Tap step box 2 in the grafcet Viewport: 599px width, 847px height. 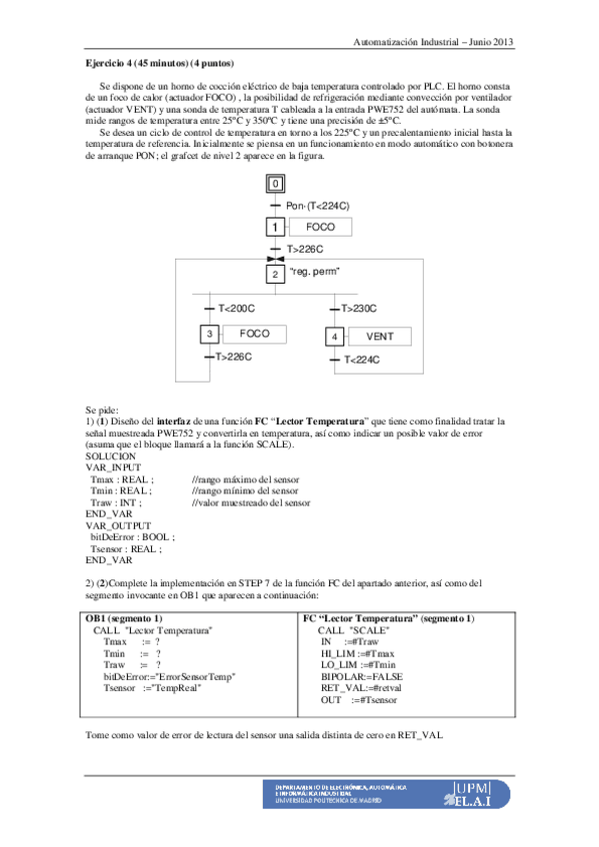pyautogui.click(x=275, y=273)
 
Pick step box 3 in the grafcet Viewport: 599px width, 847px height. pyautogui.click(x=210, y=335)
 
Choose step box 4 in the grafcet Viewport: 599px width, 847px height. pyautogui.click(x=335, y=338)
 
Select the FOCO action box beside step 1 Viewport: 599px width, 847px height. pyautogui.click(x=321, y=228)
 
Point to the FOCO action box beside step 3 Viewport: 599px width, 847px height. pyautogui.click(x=254, y=335)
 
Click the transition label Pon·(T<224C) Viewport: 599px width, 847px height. pyautogui.click(x=317, y=206)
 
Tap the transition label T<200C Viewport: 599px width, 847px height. pyautogui.click(x=236, y=310)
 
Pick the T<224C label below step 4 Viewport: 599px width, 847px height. pyautogui.click(x=363, y=361)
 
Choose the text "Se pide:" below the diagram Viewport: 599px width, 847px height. pyautogui.click(x=103, y=410)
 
